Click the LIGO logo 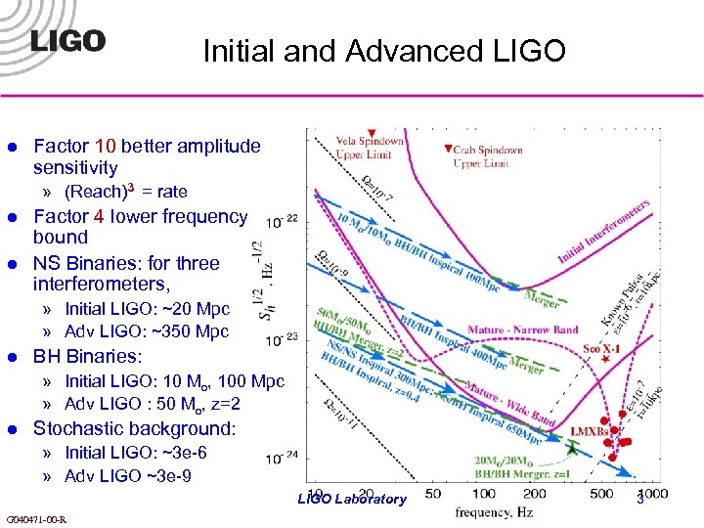67,41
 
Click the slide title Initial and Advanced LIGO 384,50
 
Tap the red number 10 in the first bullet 107,147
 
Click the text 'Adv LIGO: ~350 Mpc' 147,331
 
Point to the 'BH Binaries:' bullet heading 87,356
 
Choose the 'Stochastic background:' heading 134,428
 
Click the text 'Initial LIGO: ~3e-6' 135,453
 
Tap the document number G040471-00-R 36,518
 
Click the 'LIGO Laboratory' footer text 351,500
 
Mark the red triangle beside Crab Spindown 448,150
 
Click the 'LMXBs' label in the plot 587,430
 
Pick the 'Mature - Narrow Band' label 523,330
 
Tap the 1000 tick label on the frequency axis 653,496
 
